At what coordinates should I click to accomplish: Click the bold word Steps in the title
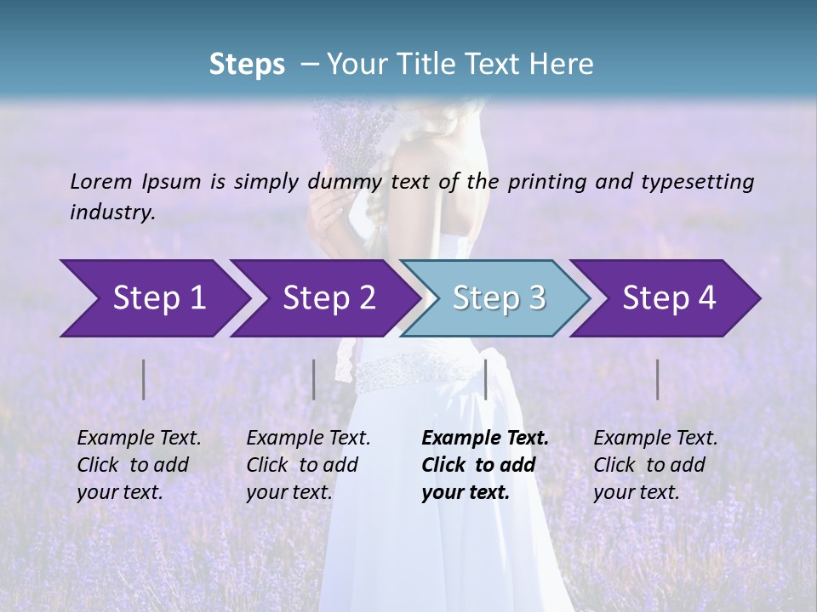(247, 65)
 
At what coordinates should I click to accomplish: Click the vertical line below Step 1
(143, 379)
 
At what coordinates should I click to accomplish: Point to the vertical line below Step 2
(314, 379)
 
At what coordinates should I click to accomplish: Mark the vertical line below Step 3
(485, 379)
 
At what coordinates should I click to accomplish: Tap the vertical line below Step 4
(658, 379)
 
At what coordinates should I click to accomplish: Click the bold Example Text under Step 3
(485, 465)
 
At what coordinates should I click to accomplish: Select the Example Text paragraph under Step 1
(139, 465)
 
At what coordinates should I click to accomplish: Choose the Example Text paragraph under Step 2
(308, 465)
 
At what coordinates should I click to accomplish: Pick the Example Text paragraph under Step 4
(655, 465)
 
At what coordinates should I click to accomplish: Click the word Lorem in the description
(101, 181)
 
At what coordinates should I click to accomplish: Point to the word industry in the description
(112, 212)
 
